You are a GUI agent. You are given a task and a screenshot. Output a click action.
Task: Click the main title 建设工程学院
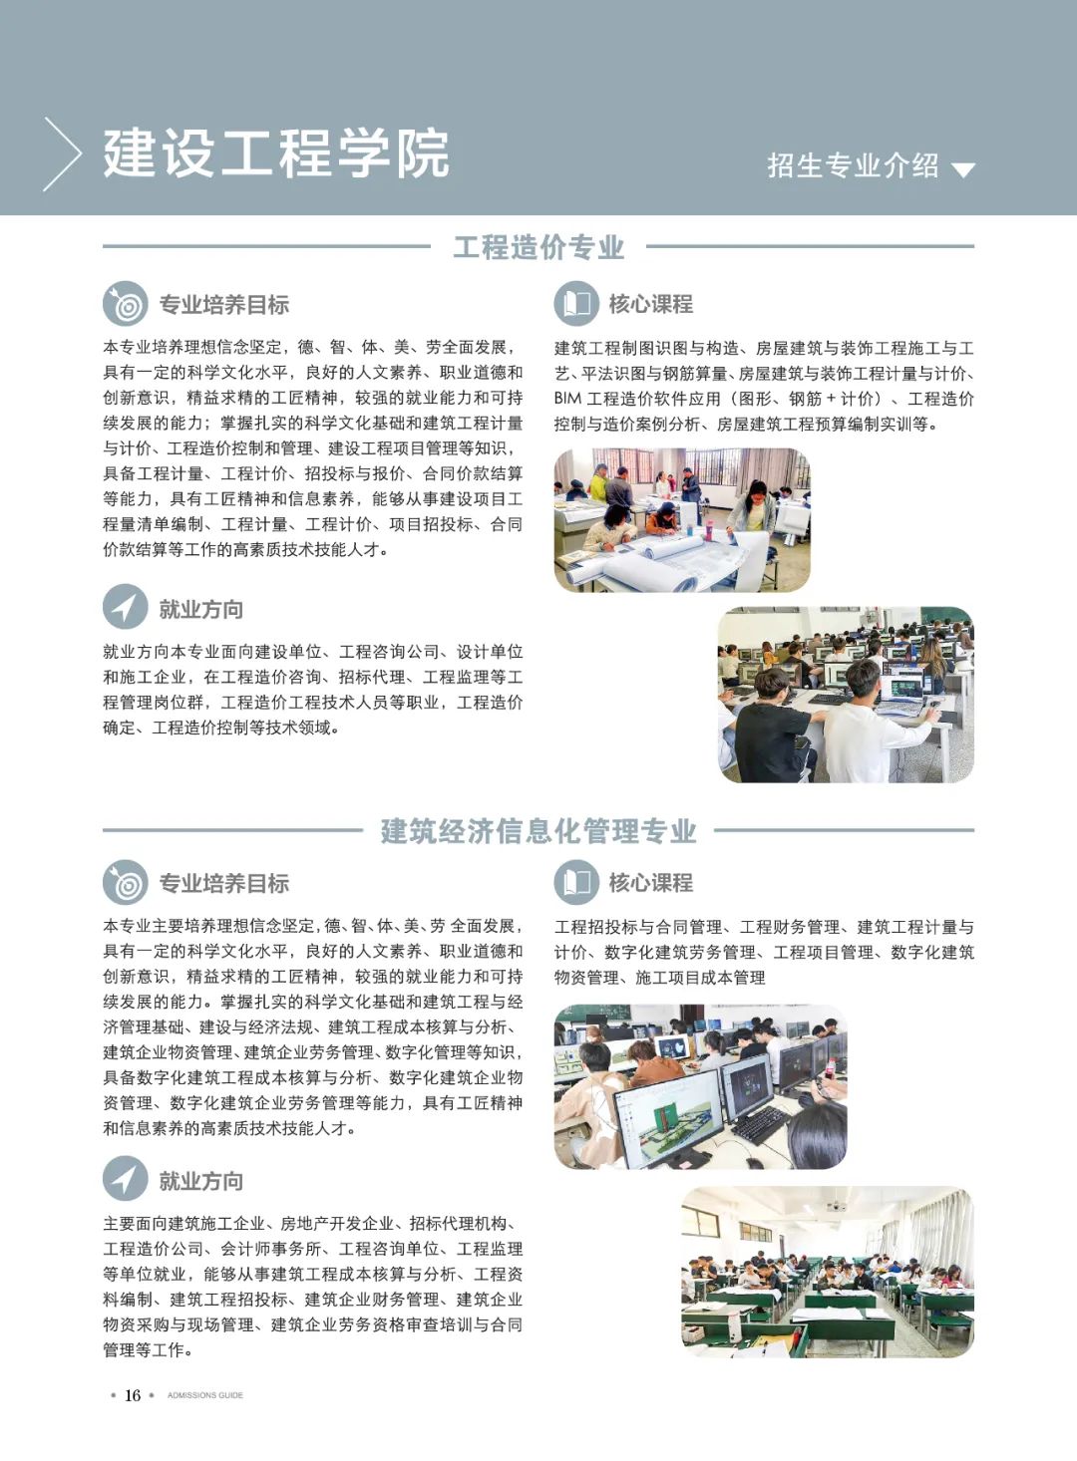276,153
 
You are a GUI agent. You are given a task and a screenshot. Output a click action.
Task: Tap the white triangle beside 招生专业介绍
962,170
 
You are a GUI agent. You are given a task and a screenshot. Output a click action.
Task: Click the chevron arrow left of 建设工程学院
63,153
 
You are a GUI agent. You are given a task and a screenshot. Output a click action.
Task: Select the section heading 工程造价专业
538,247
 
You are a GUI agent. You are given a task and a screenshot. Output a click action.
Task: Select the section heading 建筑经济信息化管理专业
538,831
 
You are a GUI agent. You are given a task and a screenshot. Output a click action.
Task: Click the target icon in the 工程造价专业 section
126,303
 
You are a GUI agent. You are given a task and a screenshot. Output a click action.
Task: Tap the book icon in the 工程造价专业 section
576,303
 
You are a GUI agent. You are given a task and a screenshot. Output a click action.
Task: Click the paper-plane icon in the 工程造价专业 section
126,607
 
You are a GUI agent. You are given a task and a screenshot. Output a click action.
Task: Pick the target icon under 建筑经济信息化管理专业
126,882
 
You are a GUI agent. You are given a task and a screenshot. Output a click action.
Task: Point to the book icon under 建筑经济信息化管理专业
576,882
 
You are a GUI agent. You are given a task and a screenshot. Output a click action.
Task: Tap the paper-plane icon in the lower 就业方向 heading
126,1179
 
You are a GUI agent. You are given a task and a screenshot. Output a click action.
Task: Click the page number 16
133,1395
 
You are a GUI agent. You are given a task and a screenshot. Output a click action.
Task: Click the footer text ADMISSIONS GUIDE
205,1395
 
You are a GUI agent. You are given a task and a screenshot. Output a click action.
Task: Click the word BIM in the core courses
567,399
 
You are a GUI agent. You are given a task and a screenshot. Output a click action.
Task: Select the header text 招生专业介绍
853,165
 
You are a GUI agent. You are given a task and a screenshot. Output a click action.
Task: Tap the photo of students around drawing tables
682,520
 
